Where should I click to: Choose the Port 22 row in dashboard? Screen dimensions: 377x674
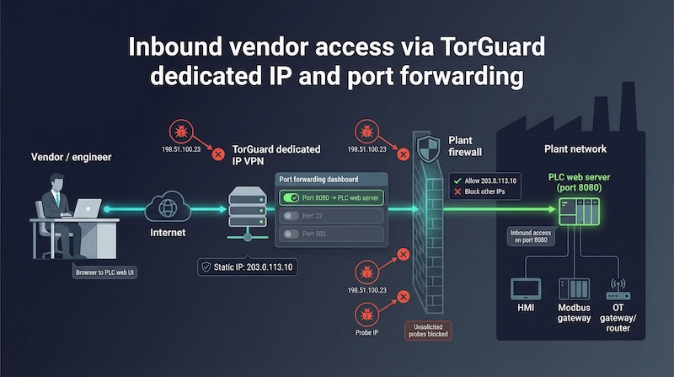click(x=331, y=216)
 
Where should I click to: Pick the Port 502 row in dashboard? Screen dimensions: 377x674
click(x=331, y=234)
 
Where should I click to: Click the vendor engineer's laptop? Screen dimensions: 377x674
click(x=87, y=207)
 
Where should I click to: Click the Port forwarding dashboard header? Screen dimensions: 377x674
click(x=324, y=179)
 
